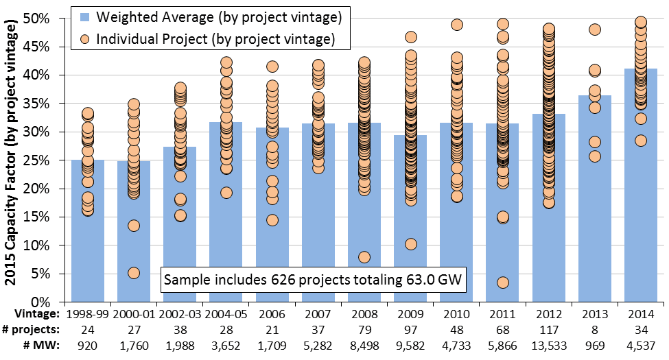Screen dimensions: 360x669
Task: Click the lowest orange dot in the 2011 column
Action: (x=503, y=283)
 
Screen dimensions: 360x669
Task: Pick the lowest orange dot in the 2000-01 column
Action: (x=134, y=273)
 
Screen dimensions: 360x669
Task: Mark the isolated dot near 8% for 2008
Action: (x=364, y=257)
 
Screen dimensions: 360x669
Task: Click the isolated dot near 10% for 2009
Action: (x=410, y=244)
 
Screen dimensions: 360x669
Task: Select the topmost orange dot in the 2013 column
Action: (x=595, y=29)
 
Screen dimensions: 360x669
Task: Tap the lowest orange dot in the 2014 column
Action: (x=641, y=141)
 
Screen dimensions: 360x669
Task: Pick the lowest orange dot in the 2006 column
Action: (x=272, y=220)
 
